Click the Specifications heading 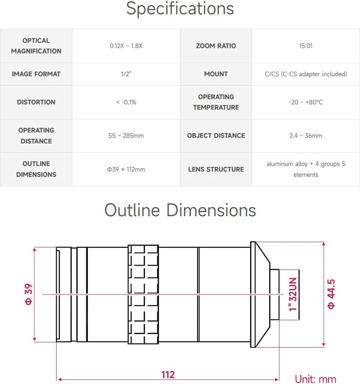pyautogui.click(x=180, y=9)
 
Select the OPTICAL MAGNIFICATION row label pyautogui.click(x=36, y=46)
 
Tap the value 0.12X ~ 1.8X pyautogui.click(x=126, y=46)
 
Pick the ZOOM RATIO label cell pyautogui.click(x=216, y=46)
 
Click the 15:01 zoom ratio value pyautogui.click(x=305, y=46)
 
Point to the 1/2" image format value pyautogui.click(x=126, y=74)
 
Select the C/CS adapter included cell pyautogui.click(x=305, y=74)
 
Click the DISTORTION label pyautogui.click(x=36, y=102)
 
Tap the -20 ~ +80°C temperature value pyautogui.click(x=305, y=102)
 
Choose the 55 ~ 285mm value pyautogui.click(x=126, y=136)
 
